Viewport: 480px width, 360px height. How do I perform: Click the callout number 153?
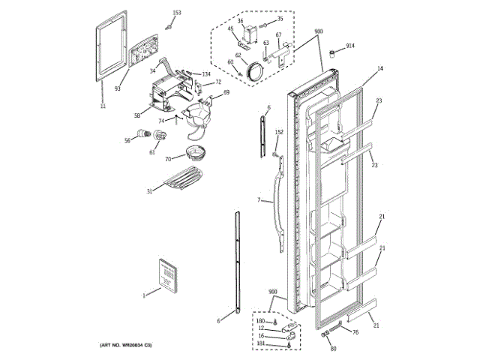click(176, 13)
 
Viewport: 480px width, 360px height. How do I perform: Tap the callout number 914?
click(350, 47)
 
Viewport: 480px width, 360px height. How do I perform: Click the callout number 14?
click(379, 69)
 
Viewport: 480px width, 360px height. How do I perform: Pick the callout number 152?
click(279, 133)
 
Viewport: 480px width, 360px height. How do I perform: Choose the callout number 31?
click(149, 191)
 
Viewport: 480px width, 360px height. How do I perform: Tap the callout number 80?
click(333, 347)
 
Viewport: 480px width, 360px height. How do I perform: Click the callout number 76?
click(355, 332)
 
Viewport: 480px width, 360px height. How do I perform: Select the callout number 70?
click(169, 159)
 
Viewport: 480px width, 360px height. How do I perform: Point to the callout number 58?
click(137, 115)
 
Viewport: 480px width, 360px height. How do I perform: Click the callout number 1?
click(144, 295)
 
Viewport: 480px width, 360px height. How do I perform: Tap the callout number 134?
click(206, 74)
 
